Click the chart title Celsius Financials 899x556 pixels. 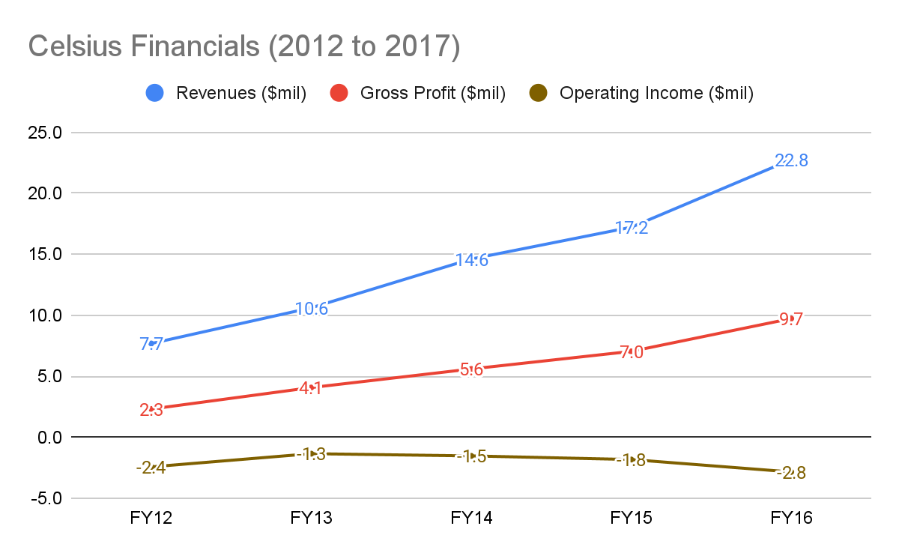(x=243, y=47)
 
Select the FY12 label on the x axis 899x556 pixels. (x=151, y=519)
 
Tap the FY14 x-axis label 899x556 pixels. (x=471, y=519)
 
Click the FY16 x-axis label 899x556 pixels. (x=791, y=519)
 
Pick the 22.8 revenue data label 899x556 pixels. (x=791, y=160)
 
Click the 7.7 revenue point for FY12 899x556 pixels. (x=151, y=344)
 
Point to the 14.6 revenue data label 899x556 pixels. (x=471, y=260)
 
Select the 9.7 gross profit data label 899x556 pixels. (x=791, y=319)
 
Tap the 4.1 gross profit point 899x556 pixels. (x=311, y=388)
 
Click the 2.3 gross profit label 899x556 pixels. (x=151, y=410)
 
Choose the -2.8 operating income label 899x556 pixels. (x=791, y=473)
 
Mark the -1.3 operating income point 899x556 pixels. (x=311, y=454)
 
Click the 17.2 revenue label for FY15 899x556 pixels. (x=632, y=228)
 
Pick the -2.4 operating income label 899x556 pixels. (x=151, y=468)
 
